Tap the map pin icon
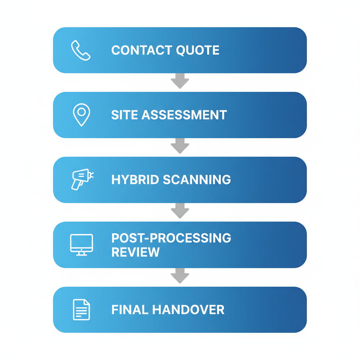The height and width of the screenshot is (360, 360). pyautogui.click(x=82, y=115)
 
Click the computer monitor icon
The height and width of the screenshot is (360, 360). pyautogui.click(x=82, y=244)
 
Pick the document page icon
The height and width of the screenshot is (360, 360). pyautogui.click(x=81, y=309)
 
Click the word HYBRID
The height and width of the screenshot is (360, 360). pyautogui.click(x=135, y=180)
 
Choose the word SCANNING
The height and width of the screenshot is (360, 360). pyautogui.click(x=197, y=180)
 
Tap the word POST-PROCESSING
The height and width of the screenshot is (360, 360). pyautogui.click(x=171, y=238)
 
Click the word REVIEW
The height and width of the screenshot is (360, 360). pyautogui.click(x=135, y=252)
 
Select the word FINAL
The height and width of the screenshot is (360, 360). pyautogui.click(x=130, y=310)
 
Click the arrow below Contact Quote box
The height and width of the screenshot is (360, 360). pyautogui.click(x=180, y=81)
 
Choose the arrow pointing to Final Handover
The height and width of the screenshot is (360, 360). pyautogui.click(x=180, y=276)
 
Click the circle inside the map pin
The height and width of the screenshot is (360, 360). pyautogui.click(x=82, y=112)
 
